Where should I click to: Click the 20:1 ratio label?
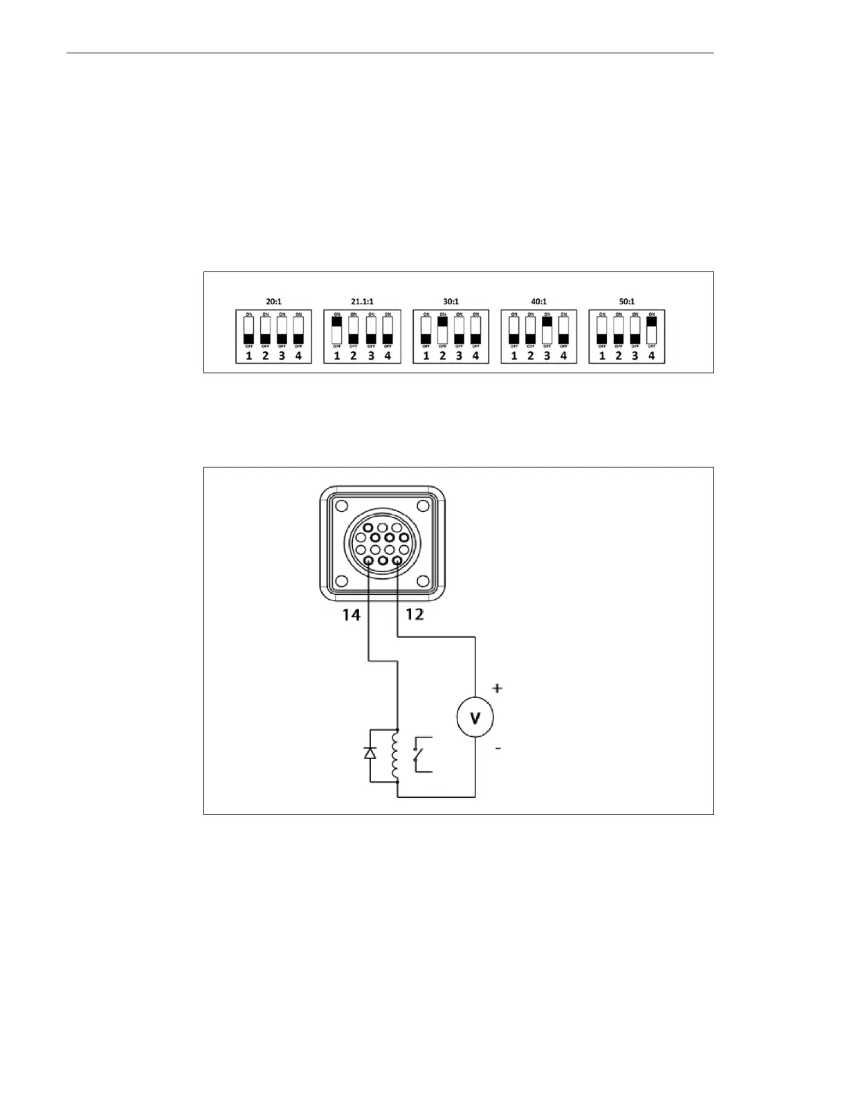click(273, 302)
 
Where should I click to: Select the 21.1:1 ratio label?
click(361, 302)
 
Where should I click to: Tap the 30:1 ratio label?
click(450, 302)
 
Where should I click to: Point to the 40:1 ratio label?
click(538, 302)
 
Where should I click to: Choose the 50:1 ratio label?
click(627, 302)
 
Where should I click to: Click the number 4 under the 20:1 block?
click(298, 356)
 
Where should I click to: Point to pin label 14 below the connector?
click(352, 614)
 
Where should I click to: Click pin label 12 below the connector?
click(415, 614)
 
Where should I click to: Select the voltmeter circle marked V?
click(475, 718)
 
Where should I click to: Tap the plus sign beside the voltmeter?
click(497, 688)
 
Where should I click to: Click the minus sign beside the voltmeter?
click(498, 748)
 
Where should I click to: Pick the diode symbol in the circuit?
click(370, 753)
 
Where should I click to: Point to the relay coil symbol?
click(397, 756)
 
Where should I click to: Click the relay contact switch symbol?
click(419, 755)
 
